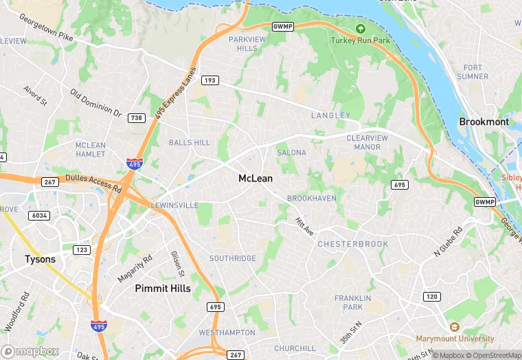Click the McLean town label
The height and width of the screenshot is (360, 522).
pos(255,179)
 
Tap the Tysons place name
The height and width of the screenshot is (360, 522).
pos(40,260)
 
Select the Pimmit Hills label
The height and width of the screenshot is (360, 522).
pos(163,288)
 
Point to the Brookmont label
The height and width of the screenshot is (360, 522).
pos(484,122)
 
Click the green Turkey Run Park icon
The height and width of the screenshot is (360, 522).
pos(361,30)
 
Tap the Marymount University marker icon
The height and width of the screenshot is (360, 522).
pos(454,328)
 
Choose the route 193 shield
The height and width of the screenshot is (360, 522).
pos(210,80)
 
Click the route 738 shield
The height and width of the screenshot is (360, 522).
pos(136,118)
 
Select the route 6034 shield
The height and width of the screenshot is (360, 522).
pos(40,216)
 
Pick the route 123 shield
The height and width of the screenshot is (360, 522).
pos(82,250)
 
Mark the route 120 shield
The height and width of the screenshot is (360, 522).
pos(431,296)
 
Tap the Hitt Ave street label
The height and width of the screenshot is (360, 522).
pos(304,227)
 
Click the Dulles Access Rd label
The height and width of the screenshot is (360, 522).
pos(93,183)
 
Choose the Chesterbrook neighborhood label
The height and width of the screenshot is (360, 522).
pos(352,244)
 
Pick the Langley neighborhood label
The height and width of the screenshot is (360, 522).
pos(330,115)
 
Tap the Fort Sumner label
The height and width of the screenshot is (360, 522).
pos(473,72)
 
